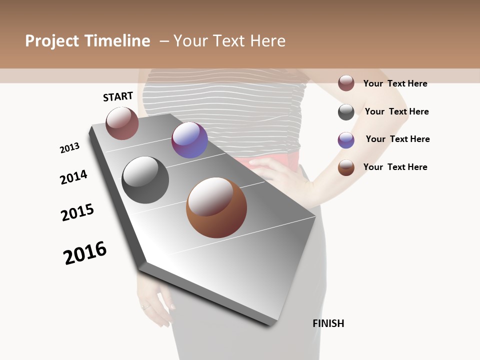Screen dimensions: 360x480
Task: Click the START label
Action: [x=118, y=96]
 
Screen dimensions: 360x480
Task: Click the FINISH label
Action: [x=328, y=323]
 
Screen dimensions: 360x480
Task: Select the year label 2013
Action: [x=69, y=148]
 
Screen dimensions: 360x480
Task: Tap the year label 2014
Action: [x=73, y=177]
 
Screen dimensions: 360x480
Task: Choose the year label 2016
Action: [x=85, y=252]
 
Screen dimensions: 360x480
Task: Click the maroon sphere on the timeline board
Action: [x=122, y=123]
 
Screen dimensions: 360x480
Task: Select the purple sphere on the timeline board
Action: [x=189, y=140]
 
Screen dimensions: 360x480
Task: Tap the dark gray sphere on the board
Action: [x=145, y=180]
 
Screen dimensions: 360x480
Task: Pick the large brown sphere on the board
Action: [x=216, y=207]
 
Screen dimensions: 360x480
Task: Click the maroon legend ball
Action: [x=346, y=83]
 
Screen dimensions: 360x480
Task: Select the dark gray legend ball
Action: [x=346, y=112]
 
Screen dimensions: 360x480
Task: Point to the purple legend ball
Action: [x=346, y=140]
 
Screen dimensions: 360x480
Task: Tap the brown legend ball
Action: [x=346, y=167]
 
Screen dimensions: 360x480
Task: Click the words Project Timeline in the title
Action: [x=87, y=41]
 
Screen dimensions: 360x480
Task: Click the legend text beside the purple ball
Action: [x=397, y=139]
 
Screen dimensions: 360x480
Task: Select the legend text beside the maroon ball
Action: [x=395, y=83]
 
